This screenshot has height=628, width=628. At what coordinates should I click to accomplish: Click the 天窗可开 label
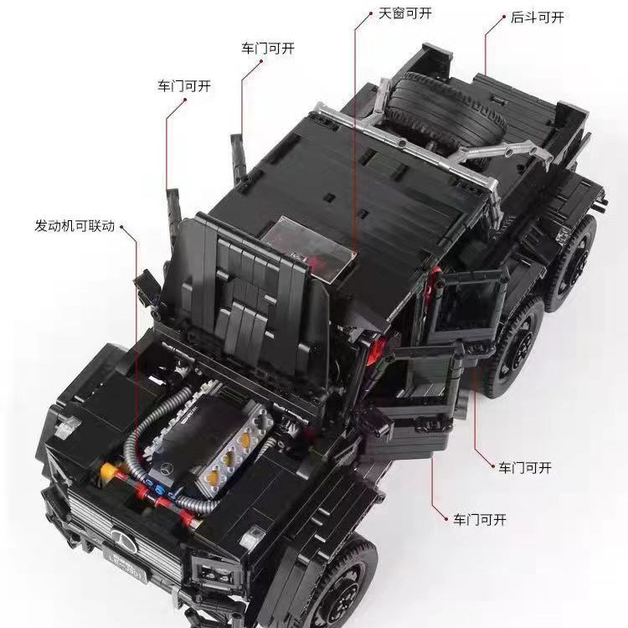[x=405, y=13]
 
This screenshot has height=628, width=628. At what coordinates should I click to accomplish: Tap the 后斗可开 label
[x=537, y=18]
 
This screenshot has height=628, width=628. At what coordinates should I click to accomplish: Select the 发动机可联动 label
[x=75, y=226]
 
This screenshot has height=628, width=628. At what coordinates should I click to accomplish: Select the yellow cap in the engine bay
[x=107, y=471]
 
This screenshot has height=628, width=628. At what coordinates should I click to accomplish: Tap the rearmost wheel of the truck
[x=572, y=265]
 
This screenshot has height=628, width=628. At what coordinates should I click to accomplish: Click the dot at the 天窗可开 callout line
[x=371, y=13]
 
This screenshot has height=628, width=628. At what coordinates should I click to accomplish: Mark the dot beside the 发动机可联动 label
[x=121, y=227]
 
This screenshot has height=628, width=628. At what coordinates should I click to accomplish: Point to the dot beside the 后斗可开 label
[x=504, y=17]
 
